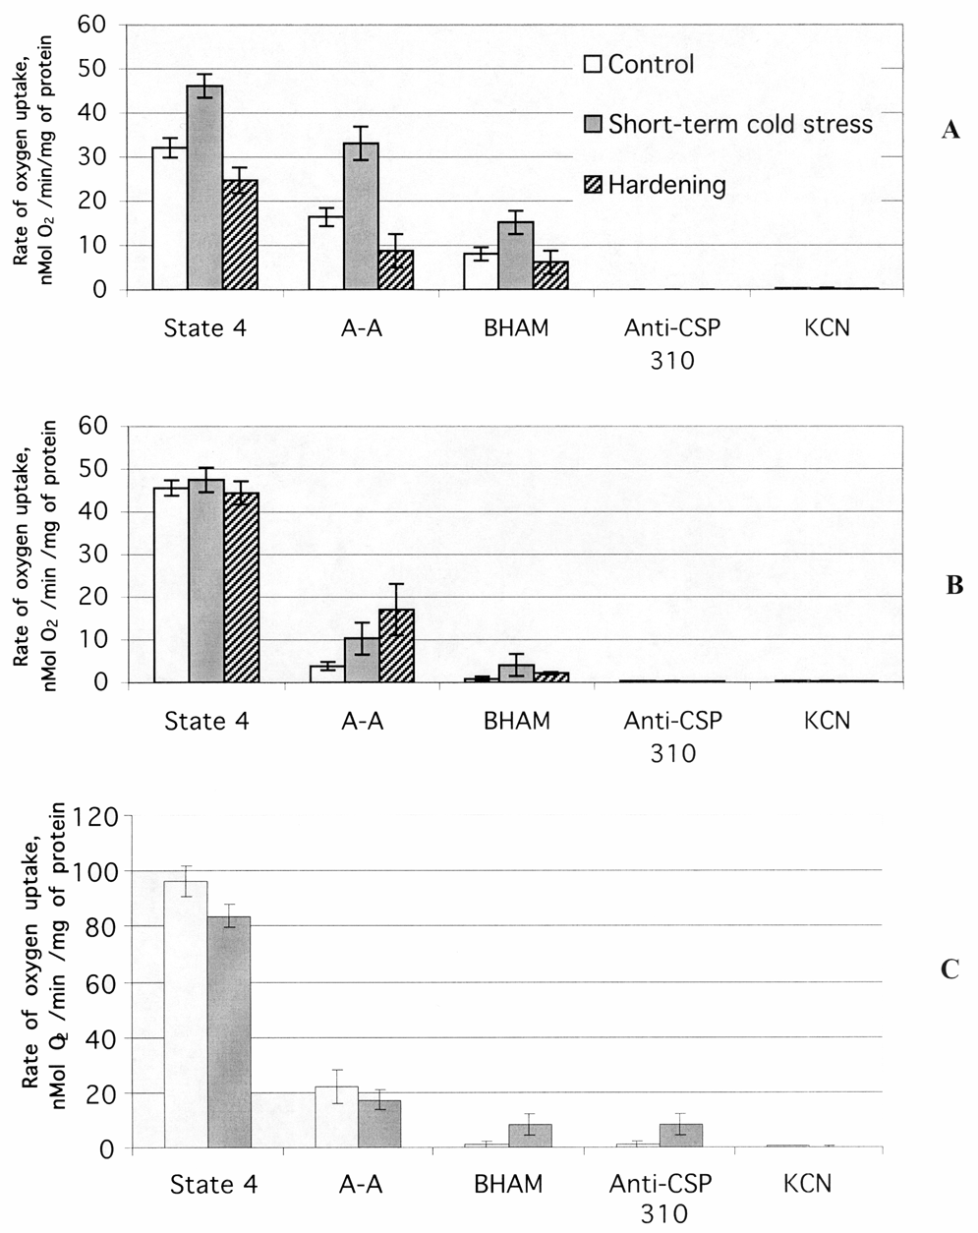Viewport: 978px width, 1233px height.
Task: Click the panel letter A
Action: [x=949, y=129]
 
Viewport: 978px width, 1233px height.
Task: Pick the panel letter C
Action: [x=949, y=969]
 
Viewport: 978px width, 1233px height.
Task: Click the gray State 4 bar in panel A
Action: [x=204, y=187]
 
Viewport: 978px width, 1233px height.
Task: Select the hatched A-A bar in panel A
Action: [x=395, y=269]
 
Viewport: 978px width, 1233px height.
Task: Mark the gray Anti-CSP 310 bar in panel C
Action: [x=680, y=1136]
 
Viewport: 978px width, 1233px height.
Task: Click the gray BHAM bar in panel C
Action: [x=530, y=1136]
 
